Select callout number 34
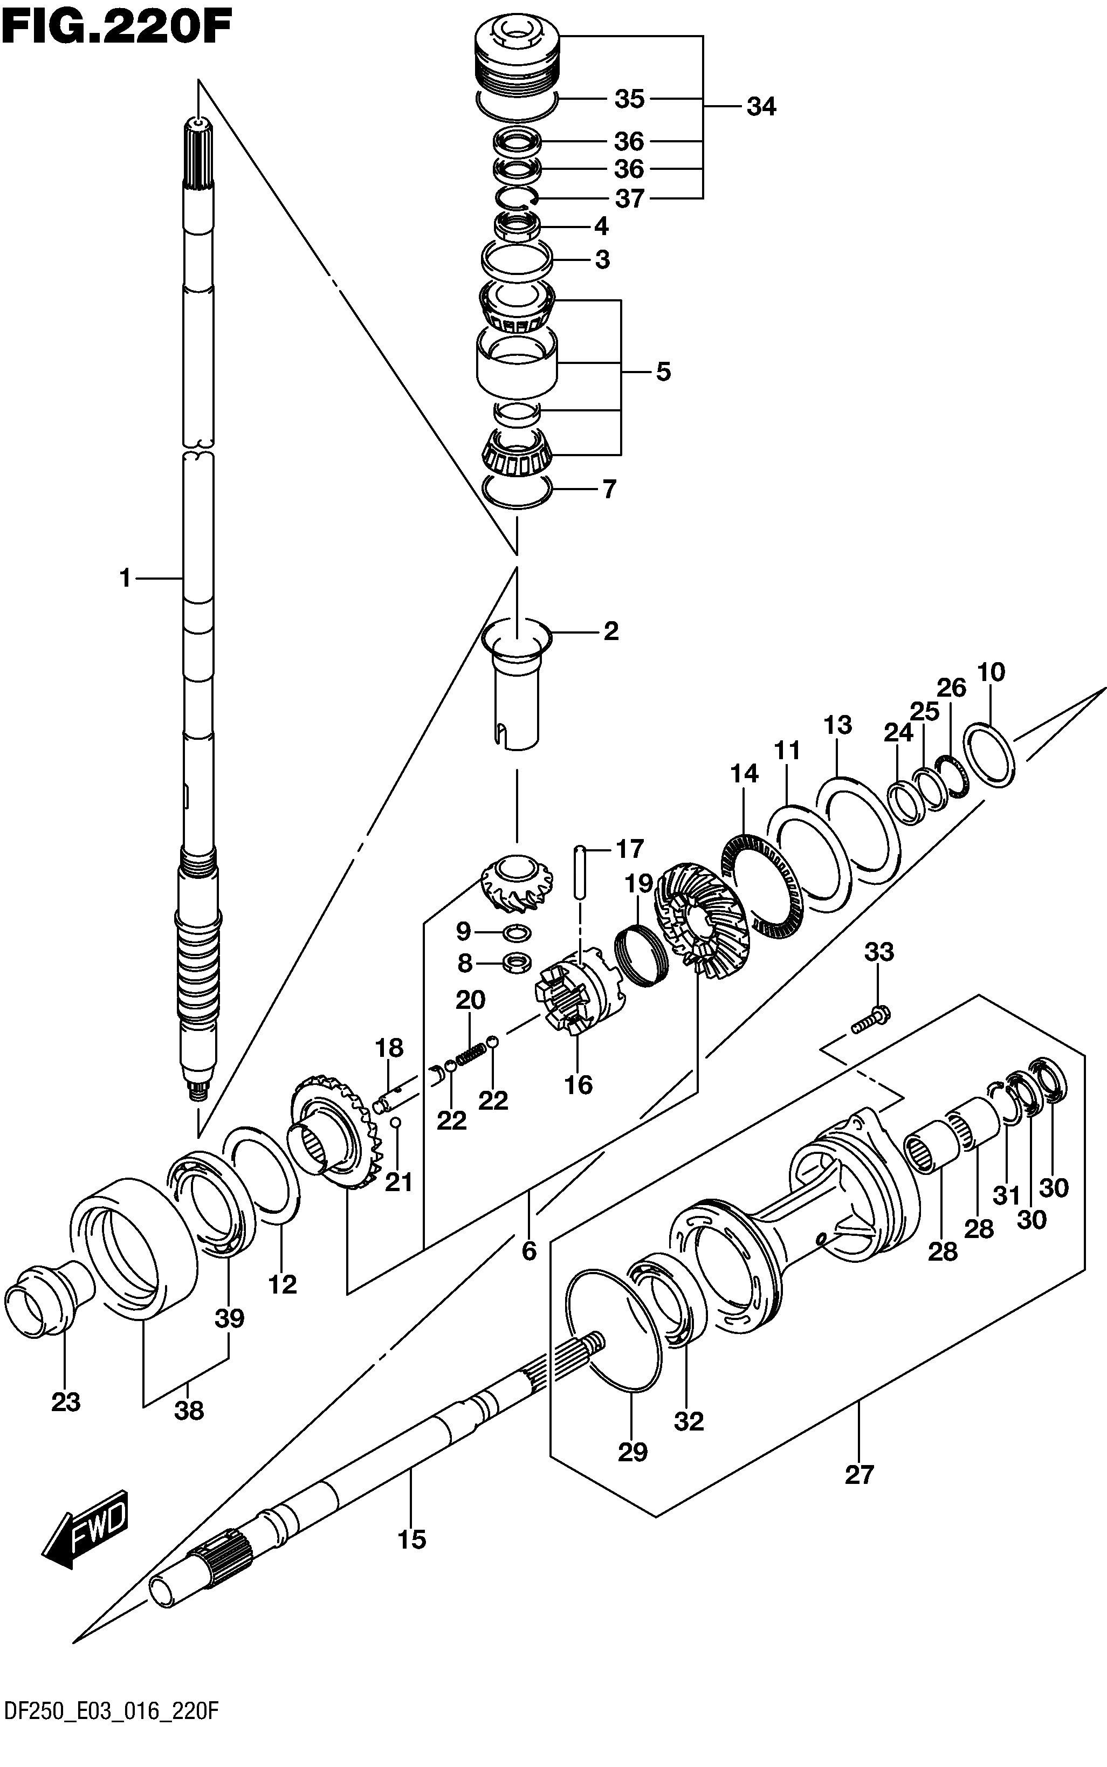pos(761,107)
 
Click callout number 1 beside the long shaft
pos(125,578)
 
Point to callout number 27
pos(860,1474)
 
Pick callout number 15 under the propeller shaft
pos(411,1539)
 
